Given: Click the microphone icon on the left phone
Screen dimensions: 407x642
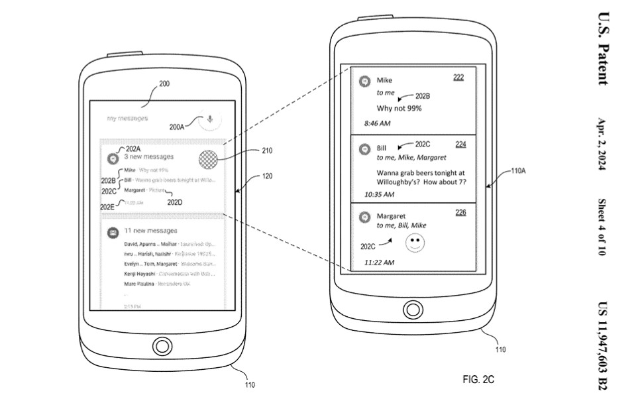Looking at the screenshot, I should point(210,119).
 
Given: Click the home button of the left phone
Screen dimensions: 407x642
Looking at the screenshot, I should point(161,345).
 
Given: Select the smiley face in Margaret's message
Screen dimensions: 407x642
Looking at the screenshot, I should point(415,243).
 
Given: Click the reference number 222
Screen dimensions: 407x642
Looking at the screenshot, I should point(458,78).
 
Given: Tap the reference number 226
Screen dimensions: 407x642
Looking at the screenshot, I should point(460,213).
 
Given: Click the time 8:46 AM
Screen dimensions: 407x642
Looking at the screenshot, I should point(378,124).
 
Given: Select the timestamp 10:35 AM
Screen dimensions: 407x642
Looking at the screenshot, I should point(379,194).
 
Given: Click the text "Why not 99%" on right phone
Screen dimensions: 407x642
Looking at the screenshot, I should point(399,108).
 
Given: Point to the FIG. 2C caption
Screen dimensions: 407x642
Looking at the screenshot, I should point(478,379).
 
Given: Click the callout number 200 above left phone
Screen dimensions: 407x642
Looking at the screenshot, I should point(164,84).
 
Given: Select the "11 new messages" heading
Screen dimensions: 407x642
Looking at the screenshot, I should point(150,231).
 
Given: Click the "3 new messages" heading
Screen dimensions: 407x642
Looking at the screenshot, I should point(148,157).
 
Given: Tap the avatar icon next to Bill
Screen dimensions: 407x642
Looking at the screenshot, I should point(364,149).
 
